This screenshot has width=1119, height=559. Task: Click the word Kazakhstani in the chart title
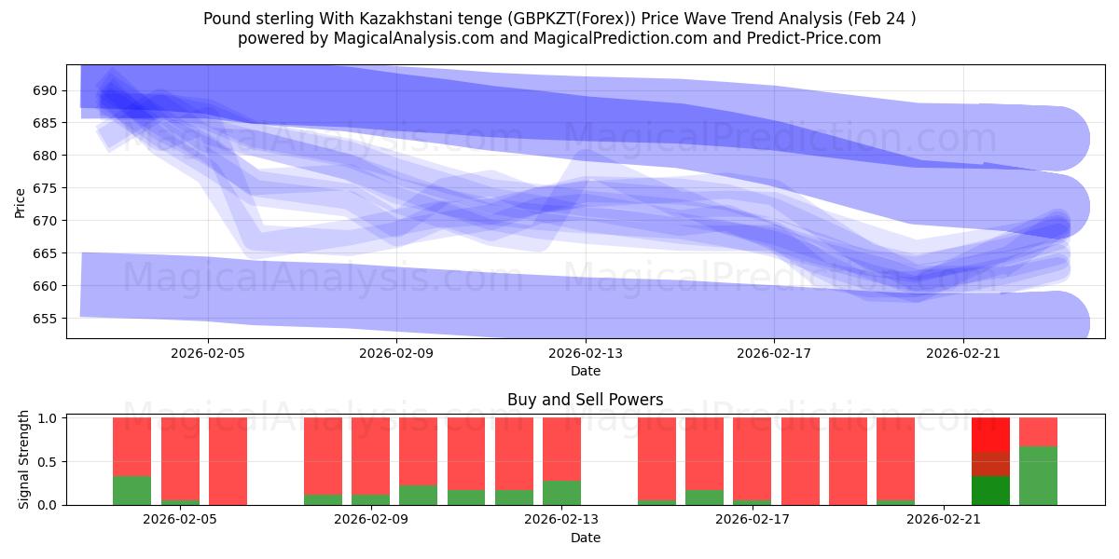(415, 18)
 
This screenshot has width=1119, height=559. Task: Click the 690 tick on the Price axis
(46, 90)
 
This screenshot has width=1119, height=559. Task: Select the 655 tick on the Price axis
(46, 319)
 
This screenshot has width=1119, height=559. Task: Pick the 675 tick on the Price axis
(46, 188)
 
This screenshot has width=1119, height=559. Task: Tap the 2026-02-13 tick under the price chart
(586, 353)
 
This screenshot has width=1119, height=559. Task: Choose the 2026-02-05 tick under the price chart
(208, 353)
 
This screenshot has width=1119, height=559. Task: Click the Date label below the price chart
(586, 371)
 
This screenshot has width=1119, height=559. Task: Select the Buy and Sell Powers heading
(586, 400)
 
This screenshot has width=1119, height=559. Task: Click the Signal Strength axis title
(24, 459)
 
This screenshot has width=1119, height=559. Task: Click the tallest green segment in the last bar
(1038, 475)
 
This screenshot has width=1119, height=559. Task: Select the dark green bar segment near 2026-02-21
(990, 490)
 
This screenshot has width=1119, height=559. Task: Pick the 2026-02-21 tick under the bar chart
(944, 520)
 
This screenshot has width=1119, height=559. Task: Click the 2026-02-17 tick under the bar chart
(755, 520)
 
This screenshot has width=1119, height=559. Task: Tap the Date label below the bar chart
(586, 538)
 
